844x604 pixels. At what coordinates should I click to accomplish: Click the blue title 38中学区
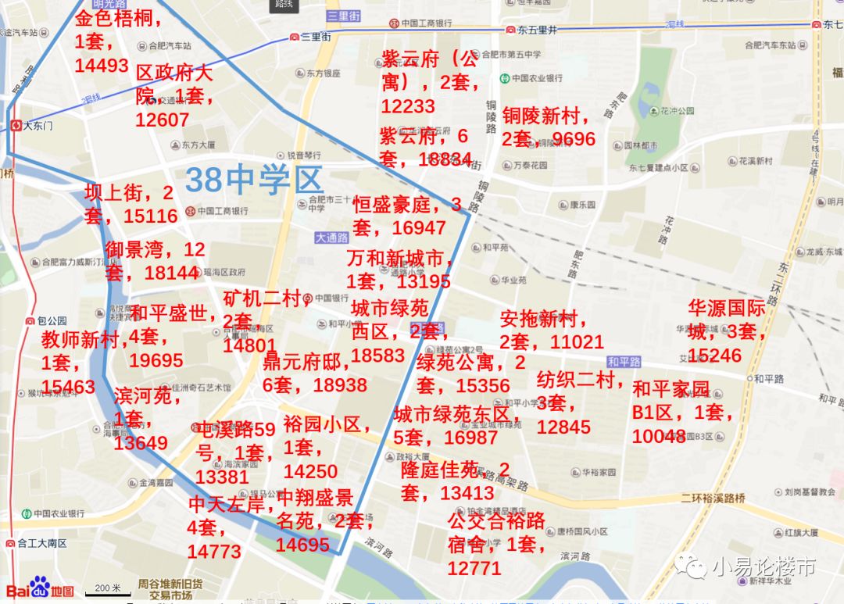255,180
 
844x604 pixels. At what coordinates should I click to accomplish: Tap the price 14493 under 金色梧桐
102,66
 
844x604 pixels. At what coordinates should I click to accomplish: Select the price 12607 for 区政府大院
162,120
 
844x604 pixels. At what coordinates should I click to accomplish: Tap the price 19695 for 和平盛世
156,360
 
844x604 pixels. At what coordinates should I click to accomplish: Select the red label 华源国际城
727,307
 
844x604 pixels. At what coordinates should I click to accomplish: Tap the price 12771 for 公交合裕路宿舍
474,568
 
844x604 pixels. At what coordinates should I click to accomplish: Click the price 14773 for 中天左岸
214,552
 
